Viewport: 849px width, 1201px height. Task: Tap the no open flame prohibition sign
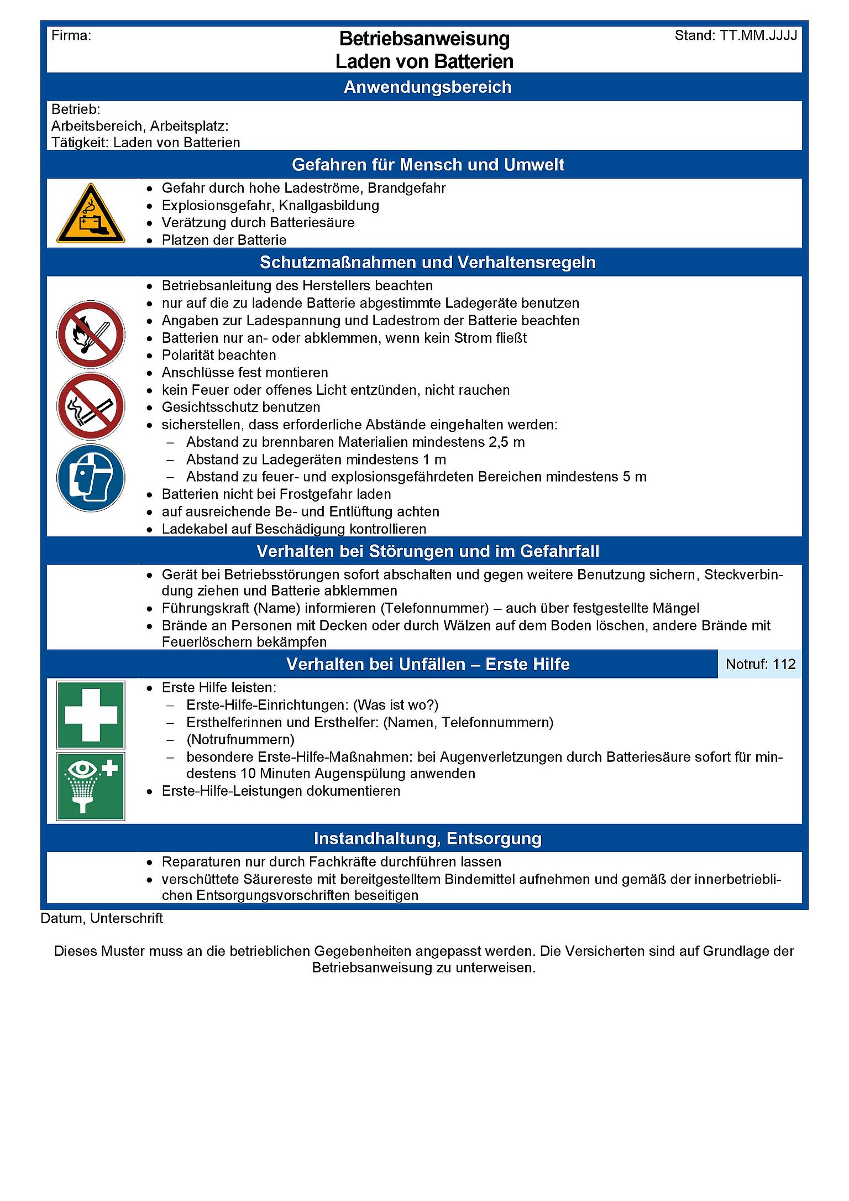click(91, 335)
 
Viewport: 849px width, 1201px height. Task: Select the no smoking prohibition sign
click(91, 406)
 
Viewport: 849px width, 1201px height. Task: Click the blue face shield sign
click(91, 478)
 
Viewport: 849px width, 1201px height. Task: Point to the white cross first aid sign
click(91, 714)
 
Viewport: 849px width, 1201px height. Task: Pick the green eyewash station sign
click(91, 786)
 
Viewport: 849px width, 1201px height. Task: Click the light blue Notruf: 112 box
click(760, 664)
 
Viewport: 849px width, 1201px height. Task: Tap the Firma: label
click(71, 36)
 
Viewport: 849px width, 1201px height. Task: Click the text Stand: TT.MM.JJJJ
click(736, 36)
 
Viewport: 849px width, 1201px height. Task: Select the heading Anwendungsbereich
click(427, 87)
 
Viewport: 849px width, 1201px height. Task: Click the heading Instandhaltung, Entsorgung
click(427, 838)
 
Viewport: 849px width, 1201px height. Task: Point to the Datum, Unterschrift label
click(102, 918)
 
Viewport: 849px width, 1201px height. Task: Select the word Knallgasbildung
click(329, 206)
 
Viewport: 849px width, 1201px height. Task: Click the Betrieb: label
click(76, 109)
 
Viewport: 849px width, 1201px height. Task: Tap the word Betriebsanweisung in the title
click(424, 39)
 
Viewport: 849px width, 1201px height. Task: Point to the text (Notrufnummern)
click(240, 740)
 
